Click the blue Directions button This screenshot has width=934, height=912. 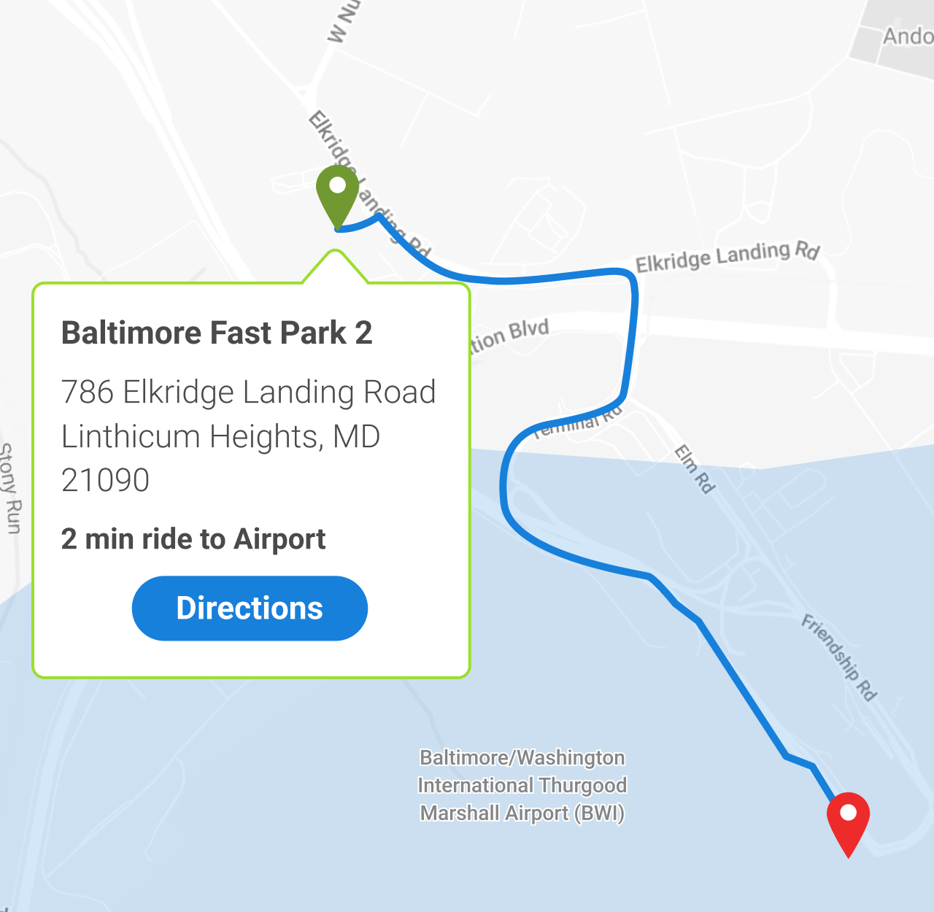click(250, 608)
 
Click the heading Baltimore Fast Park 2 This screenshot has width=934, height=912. click(217, 333)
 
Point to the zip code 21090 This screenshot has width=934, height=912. click(106, 480)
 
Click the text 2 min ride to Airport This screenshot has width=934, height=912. click(193, 539)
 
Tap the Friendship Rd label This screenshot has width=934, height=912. click(839, 657)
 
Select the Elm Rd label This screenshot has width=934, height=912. click(693, 468)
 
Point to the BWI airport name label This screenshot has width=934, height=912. click(522, 785)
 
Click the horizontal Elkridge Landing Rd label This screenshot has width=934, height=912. click(727, 256)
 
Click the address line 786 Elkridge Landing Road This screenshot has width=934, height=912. click(248, 392)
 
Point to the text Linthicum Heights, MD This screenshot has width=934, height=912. click(220, 436)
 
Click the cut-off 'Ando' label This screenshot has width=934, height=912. click(907, 36)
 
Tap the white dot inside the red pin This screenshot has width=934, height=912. click(848, 812)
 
